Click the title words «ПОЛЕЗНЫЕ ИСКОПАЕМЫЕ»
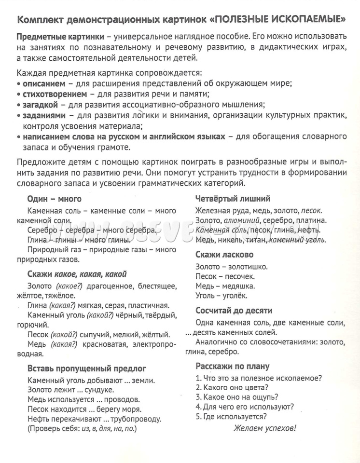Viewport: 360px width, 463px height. point(280,20)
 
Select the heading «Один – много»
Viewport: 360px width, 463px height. point(54,199)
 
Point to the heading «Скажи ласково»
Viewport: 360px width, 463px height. point(224,255)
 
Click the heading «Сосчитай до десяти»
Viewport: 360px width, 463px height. point(234,311)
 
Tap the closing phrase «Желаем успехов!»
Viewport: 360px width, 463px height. point(265,428)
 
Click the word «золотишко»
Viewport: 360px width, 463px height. point(247,266)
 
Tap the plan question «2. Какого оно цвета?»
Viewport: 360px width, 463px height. point(232,387)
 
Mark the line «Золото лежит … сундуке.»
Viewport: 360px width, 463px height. point(71,390)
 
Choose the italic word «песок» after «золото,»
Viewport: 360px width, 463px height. point(312,211)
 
